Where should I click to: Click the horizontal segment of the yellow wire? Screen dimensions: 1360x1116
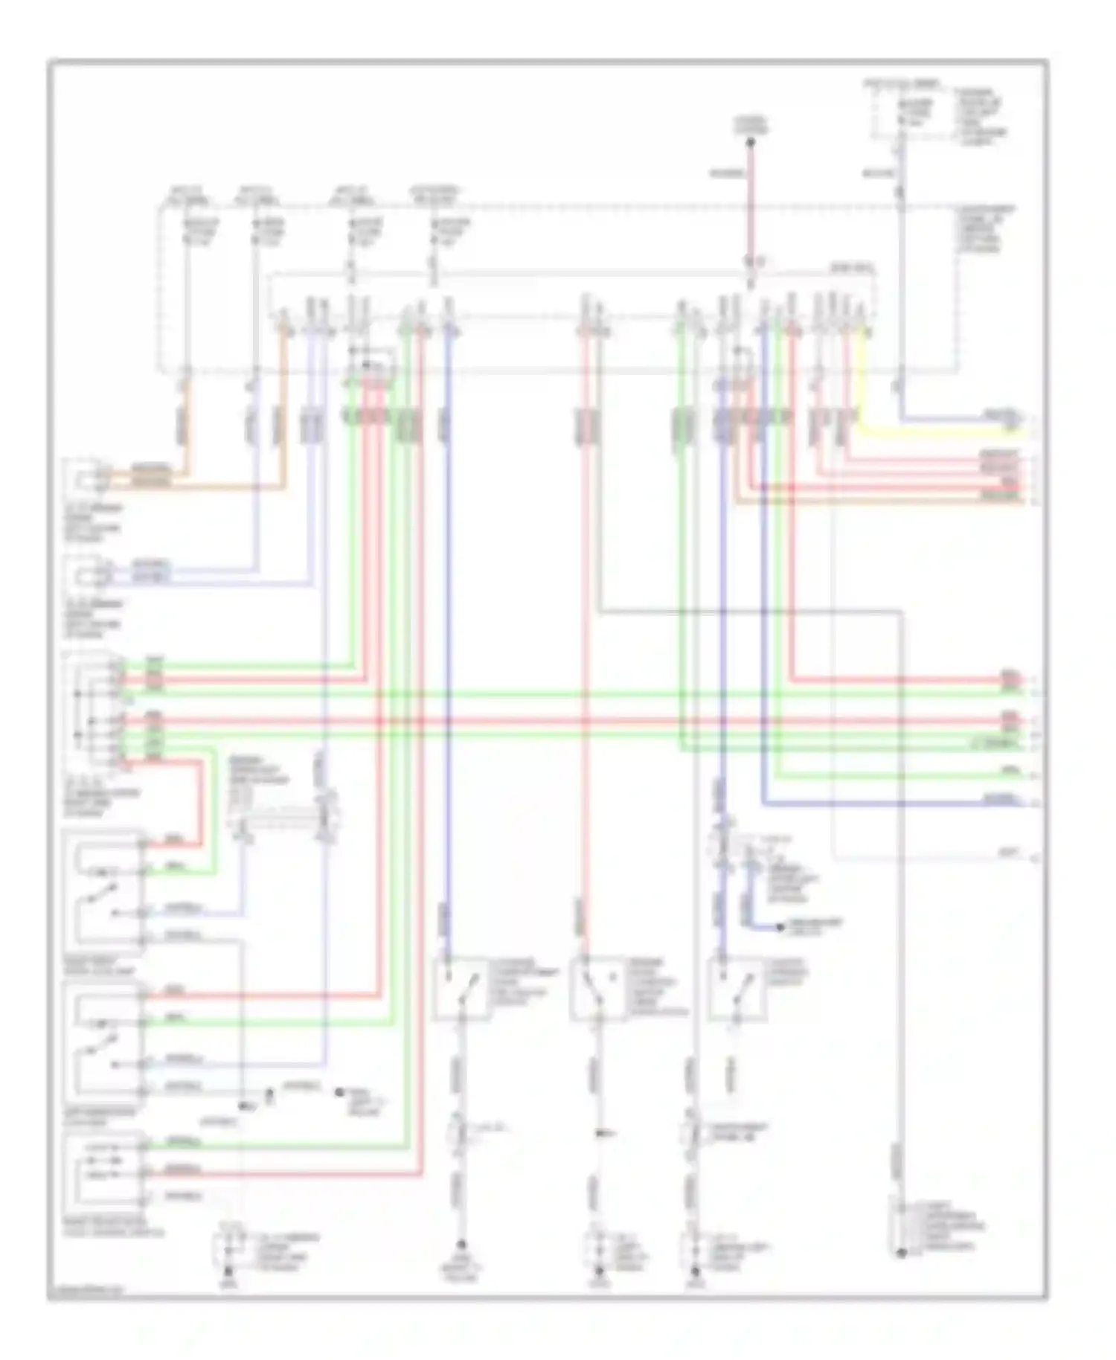click(x=937, y=432)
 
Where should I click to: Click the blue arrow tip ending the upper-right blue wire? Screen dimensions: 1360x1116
click(x=1015, y=420)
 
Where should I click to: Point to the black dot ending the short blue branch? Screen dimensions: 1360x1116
click(x=779, y=927)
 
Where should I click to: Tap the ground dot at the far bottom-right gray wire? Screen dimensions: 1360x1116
click(x=901, y=1254)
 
